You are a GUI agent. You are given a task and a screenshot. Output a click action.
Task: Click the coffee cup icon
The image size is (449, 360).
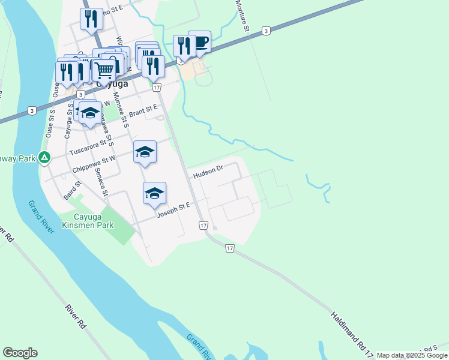pos(200,42)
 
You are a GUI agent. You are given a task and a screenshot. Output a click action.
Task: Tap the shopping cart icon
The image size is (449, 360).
pos(104,70)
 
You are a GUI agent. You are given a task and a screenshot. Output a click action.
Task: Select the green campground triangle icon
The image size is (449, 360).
pos(44,158)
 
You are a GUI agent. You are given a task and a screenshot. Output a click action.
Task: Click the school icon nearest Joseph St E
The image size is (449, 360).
pos(154,193)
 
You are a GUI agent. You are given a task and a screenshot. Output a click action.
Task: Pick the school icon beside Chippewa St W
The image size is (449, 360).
pos(145,151)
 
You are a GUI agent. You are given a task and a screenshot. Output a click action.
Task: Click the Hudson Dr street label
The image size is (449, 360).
pos(208,172)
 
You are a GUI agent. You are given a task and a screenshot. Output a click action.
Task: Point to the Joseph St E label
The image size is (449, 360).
pos(173,210)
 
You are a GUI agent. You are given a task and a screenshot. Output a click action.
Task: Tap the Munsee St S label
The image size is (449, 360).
pos(121,113)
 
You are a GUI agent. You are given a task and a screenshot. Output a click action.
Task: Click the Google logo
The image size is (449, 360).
pos(20,353)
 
